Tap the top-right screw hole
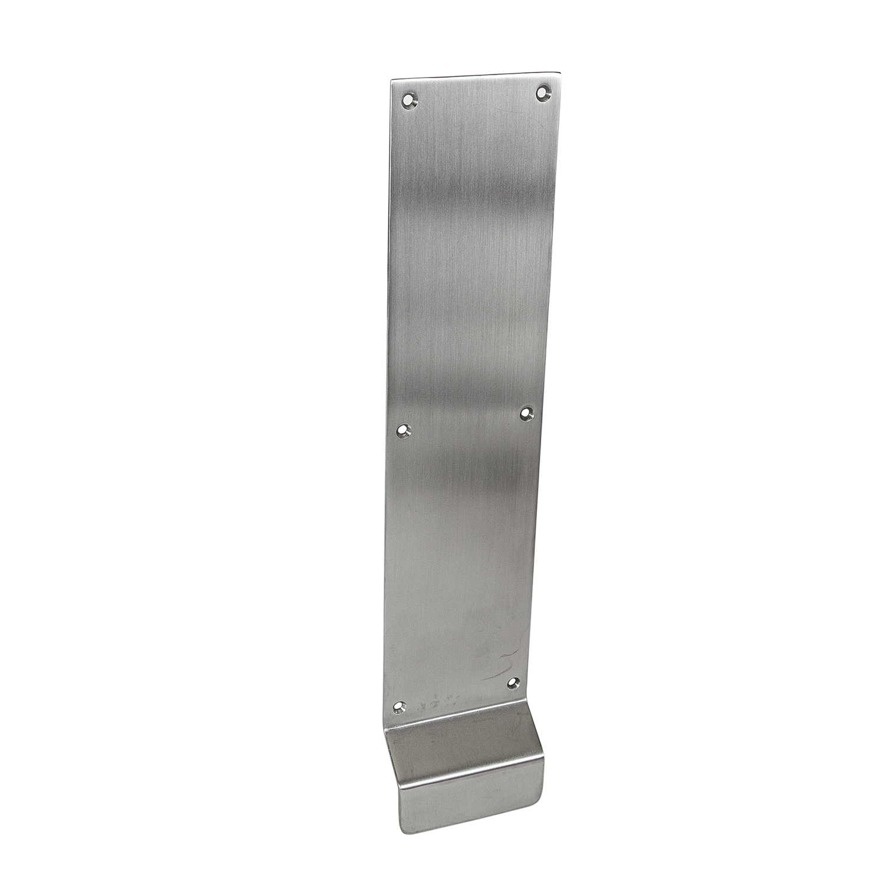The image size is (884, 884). (x=542, y=93)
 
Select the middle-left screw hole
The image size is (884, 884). (x=404, y=431)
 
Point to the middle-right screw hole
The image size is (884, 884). (x=527, y=414)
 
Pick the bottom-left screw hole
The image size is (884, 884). (x=401, y=707)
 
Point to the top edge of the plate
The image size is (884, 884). (x=474, y=77)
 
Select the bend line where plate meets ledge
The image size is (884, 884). (x=460, y=715)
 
